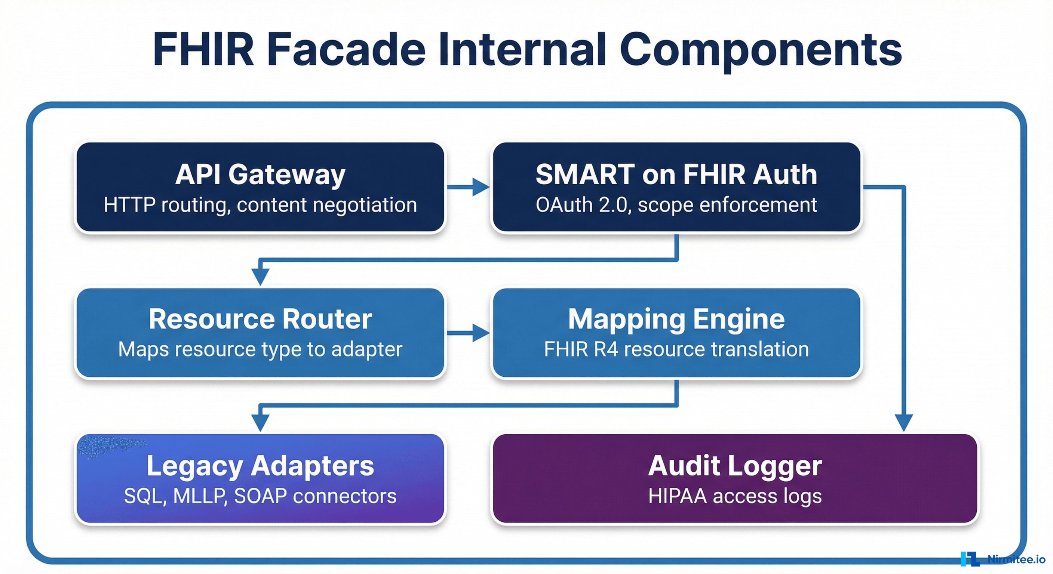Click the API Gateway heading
(260, 175)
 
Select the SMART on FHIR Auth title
(676, 175)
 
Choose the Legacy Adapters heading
(260, 465)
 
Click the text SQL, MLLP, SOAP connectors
(260, 496)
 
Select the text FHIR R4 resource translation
(676, 349)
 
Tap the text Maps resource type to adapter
(260, 349)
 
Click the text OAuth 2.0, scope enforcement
(676, 205)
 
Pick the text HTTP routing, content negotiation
(260, 205)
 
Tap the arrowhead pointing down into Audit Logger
(903, 422)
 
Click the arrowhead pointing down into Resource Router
(260, 276)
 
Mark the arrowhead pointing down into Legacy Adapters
(260, 422)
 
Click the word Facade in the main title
(346, 50)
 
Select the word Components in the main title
(760, 50)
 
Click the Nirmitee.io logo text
(1016, 559)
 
